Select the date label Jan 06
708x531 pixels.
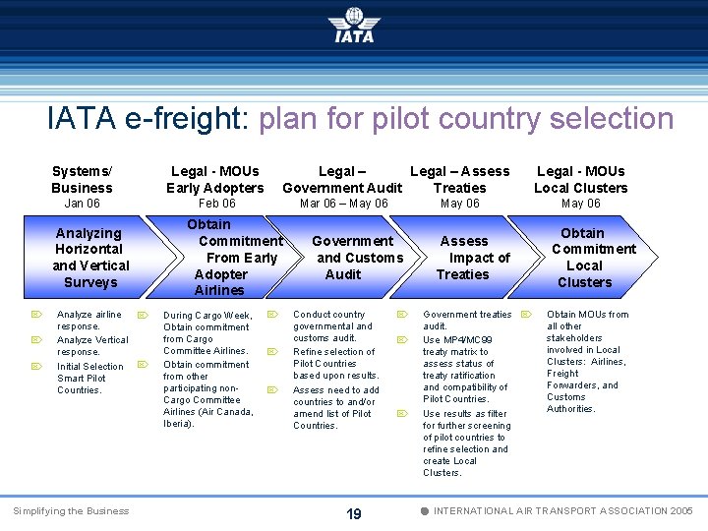point(82,204)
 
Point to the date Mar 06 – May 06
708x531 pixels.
point(343,204)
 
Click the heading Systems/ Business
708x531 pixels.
point(82,179)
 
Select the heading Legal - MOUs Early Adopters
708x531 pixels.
point(215,179)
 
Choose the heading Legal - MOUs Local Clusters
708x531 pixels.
point(580,179)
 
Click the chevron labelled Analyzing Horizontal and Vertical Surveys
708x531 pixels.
point(90,258)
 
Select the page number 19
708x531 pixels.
point(354,513)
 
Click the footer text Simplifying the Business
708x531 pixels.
point(71,511)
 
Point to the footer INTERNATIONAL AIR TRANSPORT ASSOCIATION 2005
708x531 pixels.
point(563,511)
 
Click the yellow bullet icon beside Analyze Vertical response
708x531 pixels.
point(34,340)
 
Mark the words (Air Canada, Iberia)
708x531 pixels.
point(208,418)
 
